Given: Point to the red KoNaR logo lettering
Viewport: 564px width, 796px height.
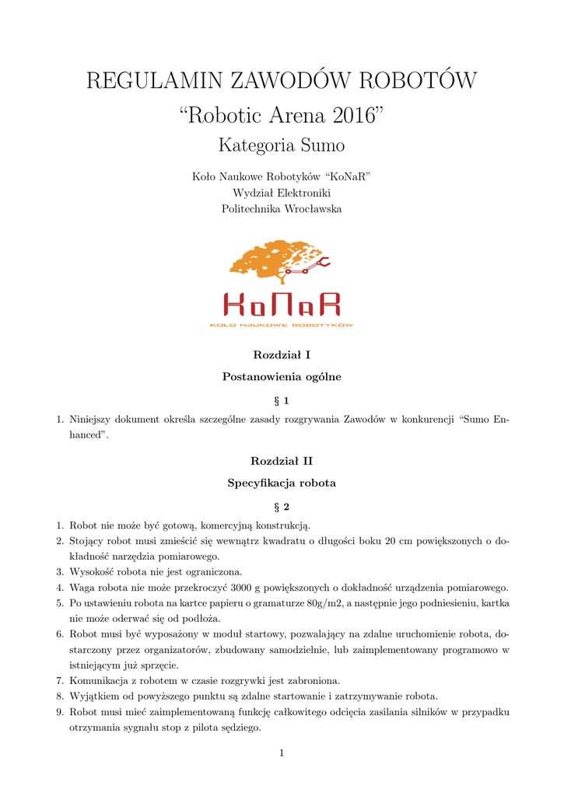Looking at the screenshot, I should (x=282, y=305).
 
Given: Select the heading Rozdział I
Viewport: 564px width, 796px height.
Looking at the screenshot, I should (x=282, y=355).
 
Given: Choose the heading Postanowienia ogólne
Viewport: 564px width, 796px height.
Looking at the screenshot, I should (x=282, y=377).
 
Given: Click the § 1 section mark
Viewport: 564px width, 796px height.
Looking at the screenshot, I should (x=282, y=400).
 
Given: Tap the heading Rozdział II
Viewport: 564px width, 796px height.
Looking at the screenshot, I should (x=282, y=461).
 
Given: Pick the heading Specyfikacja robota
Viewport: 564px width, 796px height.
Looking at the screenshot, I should (x=282, y=483).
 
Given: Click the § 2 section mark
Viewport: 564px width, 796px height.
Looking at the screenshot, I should (x=282, y=506).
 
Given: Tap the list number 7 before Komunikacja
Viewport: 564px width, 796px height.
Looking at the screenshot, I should (x=60, y=680).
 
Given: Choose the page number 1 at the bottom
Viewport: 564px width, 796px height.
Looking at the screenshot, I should (x=282, y=752).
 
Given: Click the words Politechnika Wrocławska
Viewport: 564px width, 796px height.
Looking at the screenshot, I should (x=282, y=208).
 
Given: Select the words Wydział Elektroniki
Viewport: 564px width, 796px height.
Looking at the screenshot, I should (x=282, y=193).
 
